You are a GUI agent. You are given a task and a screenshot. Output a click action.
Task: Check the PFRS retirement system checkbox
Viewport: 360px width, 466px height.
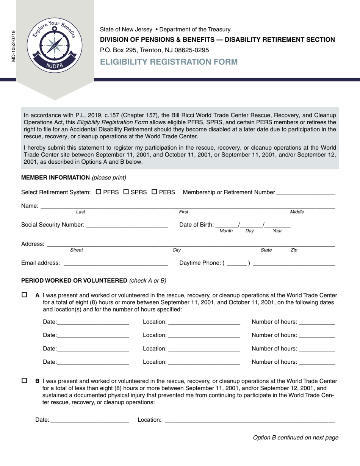[99, 192]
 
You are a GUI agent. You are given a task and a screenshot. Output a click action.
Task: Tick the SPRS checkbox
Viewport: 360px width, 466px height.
[127, 192]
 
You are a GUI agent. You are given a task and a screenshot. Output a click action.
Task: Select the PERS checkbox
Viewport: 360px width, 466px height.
[155, 192]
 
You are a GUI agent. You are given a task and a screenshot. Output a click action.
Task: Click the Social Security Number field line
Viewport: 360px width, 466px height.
[127, 225]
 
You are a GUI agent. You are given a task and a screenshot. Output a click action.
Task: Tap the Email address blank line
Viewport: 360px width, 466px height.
[116, 263]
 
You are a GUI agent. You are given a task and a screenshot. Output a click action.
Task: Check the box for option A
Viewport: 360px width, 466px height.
[25, 295]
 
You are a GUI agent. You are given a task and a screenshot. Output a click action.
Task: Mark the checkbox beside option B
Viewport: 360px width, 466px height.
[25, 380]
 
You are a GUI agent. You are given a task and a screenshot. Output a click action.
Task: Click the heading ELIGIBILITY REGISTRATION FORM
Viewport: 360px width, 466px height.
[169, 62]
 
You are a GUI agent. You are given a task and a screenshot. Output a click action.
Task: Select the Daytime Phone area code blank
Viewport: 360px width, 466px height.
[237, 263]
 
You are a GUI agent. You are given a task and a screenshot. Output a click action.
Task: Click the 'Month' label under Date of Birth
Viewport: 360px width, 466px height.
[226, 231]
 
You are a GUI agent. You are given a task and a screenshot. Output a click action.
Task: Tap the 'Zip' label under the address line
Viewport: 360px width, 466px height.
[294, 250]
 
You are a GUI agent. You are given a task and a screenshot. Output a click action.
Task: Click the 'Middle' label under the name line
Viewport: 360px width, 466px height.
[297, 212]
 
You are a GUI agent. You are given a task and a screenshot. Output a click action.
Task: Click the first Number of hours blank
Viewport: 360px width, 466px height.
[317, 323]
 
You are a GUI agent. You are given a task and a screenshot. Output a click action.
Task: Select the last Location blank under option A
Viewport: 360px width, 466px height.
[204, 363]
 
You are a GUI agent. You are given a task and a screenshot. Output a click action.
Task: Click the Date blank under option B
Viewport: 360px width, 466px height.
[89, 420]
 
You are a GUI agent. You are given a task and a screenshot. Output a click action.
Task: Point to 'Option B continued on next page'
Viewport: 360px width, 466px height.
[296, 438]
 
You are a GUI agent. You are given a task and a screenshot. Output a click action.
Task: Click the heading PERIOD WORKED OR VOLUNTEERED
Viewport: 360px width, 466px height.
[74, 281]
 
